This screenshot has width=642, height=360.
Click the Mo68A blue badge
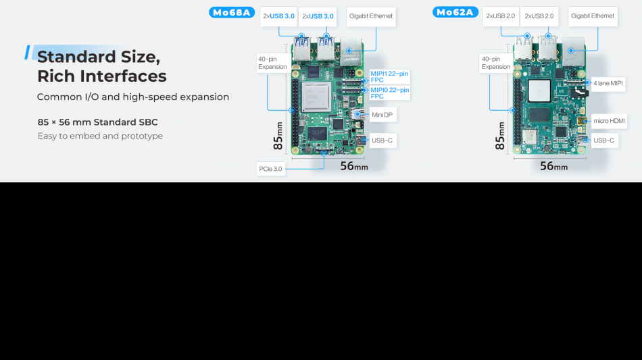coord(232,13)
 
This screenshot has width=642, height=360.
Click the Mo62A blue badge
coord(455,12)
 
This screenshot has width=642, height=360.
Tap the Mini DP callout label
coord(382,115)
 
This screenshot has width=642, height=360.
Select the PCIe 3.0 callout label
coord(270,169)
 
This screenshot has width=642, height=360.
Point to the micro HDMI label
coord(609,121)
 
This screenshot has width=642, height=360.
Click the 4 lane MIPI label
coord(608,84)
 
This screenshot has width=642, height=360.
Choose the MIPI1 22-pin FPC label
coord(389,77)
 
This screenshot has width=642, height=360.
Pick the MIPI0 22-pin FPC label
coord(389,93)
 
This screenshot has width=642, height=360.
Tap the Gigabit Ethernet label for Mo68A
coord(371,16)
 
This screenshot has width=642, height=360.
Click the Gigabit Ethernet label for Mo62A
coord(593,16)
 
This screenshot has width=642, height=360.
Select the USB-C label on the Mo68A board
coord(382,140)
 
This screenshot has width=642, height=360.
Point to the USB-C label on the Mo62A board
coord(604,140)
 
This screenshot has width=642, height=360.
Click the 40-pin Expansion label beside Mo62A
coord(496,63)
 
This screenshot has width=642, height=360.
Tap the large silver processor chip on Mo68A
coord(316,97)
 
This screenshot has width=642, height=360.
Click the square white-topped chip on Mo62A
coord(539,91)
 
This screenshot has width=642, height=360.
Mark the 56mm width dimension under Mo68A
coord(354,166)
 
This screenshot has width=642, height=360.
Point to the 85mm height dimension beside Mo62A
coord(499,136)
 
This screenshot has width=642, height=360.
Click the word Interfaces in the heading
coord(123,76)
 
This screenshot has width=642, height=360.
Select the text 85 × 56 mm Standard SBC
coord(97,122)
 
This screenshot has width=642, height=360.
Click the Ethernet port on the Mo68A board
coord(351,52)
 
